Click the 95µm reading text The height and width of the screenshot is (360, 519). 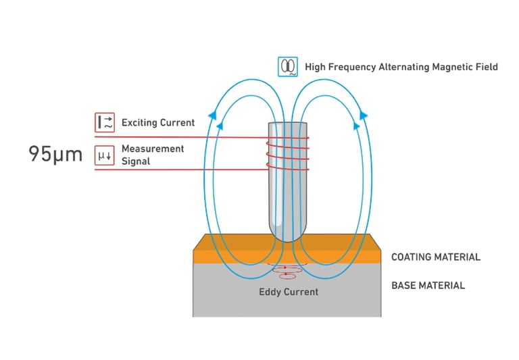[55, 154]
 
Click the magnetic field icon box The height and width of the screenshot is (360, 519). [288, 66]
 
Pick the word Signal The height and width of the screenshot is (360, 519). [136, 161]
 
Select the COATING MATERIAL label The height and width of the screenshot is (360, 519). [436, 257]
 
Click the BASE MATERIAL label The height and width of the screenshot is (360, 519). [428, 286]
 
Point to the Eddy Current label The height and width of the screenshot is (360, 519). [289, 292]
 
